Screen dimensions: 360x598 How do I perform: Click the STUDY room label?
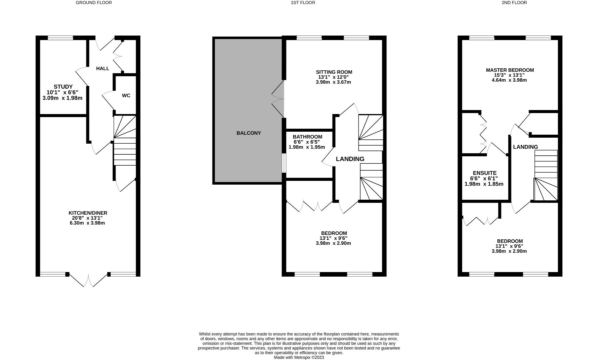63,87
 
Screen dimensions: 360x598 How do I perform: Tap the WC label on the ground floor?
126,96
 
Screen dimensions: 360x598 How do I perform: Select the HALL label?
103,68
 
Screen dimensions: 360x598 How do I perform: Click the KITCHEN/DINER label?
88,213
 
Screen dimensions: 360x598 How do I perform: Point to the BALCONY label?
249,133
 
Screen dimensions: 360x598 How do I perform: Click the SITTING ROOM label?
334,72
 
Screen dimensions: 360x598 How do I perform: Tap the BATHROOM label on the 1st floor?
307,137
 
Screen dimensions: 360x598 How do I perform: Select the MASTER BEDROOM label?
510,70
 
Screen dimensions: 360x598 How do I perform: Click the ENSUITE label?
485,173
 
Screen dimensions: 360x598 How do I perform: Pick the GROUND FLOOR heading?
94,3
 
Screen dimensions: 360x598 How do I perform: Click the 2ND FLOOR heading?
514,3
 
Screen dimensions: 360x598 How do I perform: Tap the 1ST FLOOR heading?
302,3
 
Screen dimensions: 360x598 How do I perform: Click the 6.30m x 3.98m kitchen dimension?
87,223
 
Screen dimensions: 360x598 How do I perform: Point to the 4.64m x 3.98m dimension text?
509,80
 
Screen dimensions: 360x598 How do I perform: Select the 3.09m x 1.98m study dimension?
62,98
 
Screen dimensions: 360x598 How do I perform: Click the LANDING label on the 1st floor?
350,159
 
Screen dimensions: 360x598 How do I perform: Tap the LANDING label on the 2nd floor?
525,147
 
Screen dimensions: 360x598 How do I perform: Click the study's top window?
60,38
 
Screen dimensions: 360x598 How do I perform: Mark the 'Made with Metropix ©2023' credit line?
299,357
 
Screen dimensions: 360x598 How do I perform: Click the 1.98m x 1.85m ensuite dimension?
484,184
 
